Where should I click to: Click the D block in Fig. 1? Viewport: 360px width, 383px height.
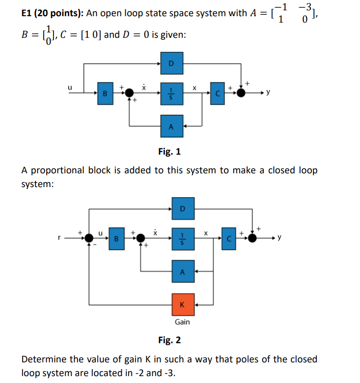pos(171,64)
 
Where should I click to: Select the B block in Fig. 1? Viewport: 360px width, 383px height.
pos(105,93)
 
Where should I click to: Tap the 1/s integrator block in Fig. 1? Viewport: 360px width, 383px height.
pos(171,93)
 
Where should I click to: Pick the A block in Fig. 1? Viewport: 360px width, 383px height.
pos(171,126)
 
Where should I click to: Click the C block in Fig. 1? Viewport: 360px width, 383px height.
pos(218,93)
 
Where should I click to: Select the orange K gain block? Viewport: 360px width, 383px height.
pos(183,304)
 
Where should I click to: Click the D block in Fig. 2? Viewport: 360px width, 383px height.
pos(183,208)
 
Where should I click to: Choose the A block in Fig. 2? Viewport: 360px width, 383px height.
pos(183,271)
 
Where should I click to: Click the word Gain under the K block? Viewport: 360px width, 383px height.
pos(182,322)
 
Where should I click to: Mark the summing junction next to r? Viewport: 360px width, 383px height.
pos(88,238)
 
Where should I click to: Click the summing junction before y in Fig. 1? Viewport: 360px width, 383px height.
pos(241,93)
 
